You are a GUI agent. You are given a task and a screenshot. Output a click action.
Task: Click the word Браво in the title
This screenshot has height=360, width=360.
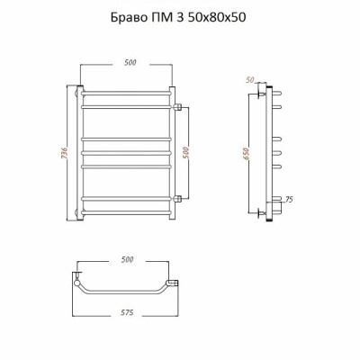pyautogui.click(x=128, y=17)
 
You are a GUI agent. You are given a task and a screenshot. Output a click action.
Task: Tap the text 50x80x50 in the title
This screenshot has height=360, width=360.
pyautogui.click(x=217, y=17)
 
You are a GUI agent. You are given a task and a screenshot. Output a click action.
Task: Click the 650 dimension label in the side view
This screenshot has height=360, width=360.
pyautogui.click(x=246, y=153)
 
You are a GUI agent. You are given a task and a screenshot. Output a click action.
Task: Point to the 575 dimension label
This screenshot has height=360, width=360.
pyautogui.click(x=127, y=312)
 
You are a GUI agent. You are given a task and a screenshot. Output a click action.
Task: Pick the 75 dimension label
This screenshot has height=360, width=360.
pyautogui.click(x=289, y=200)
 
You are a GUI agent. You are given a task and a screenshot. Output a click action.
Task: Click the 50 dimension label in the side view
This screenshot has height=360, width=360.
pyautogui.click(x=250, y=80)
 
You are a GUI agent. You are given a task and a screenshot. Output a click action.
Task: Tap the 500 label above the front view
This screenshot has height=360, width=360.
pyautogui.click(x=130, y=62)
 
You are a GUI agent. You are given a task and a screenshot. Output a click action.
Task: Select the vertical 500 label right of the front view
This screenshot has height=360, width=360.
pyautogui.click(x=186, y=153)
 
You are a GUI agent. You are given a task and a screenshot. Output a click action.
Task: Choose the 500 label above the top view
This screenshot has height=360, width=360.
pyautogui.click(x=127, y=259)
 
